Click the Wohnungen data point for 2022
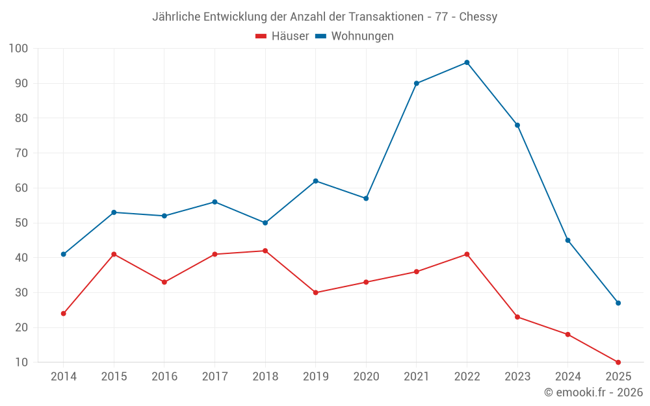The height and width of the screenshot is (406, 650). point(467,62)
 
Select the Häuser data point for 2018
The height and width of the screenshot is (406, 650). point(265,251)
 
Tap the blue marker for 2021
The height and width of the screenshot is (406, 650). point(416,83)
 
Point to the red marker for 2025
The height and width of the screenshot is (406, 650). point(618,362)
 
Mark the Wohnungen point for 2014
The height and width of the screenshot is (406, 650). point(64,254)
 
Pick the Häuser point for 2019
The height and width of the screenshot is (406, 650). point(315,292)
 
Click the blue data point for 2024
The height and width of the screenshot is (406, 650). point(567,240)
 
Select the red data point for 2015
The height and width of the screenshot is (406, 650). point(114,254)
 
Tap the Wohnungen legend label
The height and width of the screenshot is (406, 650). point(362,36)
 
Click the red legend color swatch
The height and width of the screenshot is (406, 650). point(261,36)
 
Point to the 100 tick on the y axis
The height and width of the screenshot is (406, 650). point(18,49)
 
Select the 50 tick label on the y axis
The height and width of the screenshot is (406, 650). point(21,223)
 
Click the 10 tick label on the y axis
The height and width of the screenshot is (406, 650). point(21,362)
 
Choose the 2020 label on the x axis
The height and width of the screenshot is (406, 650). point(366,377)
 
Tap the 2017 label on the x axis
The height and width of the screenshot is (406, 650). point(214,377)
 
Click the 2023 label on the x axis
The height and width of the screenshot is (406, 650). point(517,377)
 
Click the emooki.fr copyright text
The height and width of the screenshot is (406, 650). point(593,392)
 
